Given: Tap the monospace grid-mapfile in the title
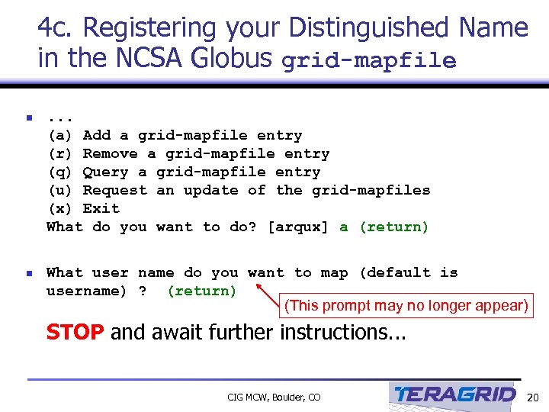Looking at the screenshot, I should tap(369, 61).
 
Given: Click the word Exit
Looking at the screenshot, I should tap(101, 208).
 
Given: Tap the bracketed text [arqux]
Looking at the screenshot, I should tap(298, 227).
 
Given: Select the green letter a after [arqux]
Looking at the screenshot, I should tap(344, 227).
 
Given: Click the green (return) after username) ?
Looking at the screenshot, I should tap(201, 291).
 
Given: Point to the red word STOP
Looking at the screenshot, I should tap(75, 333).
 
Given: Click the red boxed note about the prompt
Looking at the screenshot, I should tap(406, 306).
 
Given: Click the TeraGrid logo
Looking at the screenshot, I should tap(454, 394).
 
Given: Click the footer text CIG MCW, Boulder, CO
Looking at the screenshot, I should tap(274, 397).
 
